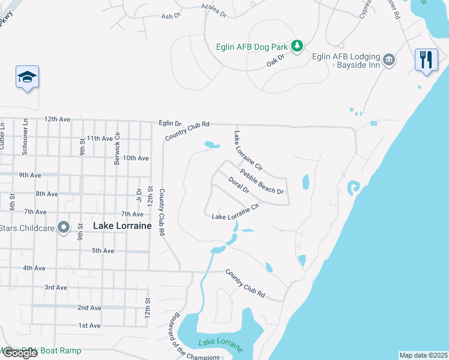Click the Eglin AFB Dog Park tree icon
(x=296, y=46)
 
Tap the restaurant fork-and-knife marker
(x=426, y=59)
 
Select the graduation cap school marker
(x=27, y=76)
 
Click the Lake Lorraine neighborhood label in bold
(x=122, y=226)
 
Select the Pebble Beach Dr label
(x=261, y=182)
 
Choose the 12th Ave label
(x=58, y=119)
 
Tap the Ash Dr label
(x=170, y=16)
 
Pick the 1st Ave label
(x=89, y=325)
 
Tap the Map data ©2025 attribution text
(x=423, y=355)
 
